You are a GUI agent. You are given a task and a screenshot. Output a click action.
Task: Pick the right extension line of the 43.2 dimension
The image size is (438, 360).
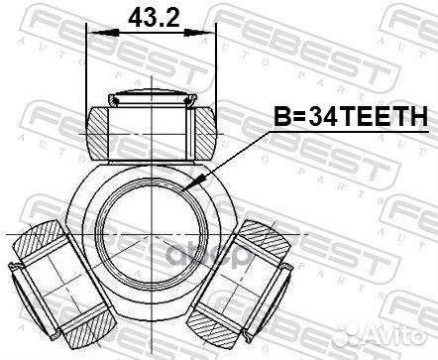(214, 69)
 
